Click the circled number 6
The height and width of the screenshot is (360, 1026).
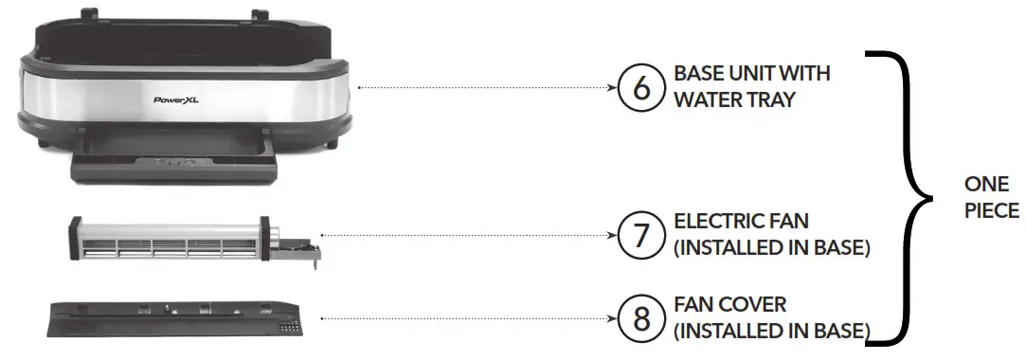(x=640, y=88)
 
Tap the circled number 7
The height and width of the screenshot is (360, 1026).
(x=640, y=234)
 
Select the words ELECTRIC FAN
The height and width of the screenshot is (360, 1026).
(x=742, y=223)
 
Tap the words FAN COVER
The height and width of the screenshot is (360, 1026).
(x=730, y=305)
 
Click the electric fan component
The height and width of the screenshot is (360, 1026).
(x=171, y=240)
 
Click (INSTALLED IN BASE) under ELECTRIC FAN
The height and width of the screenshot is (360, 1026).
(x=772, y=249)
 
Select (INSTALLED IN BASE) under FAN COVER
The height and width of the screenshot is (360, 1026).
(x=772, y=332)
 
